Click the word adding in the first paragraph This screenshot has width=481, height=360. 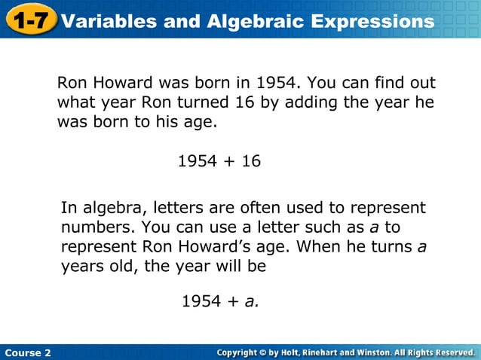309,102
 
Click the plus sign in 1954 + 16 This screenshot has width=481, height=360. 225,160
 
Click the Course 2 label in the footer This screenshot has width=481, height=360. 28,352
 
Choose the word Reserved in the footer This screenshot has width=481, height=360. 449,352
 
